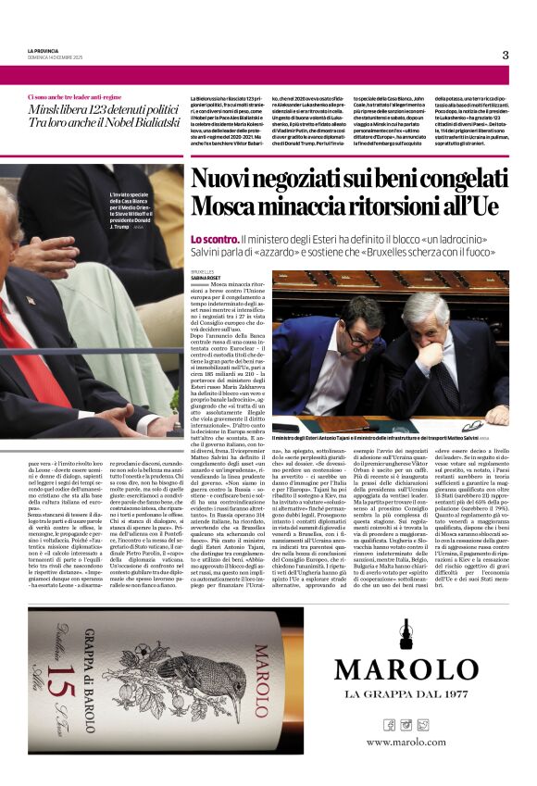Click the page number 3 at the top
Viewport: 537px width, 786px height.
(x=505, y=55)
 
